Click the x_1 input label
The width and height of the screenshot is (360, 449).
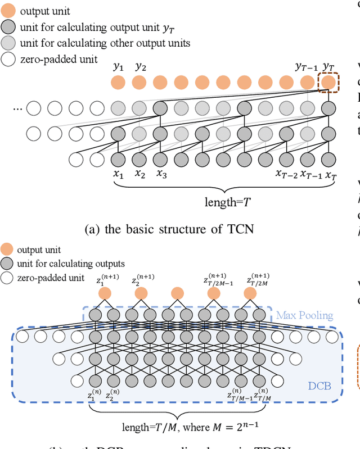[118, 175]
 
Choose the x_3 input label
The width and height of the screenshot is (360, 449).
[161, 175]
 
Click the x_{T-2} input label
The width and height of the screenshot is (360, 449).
[286, 175]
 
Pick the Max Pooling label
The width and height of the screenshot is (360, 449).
[304, 316]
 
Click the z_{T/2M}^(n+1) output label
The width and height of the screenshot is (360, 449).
[258, 279]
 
